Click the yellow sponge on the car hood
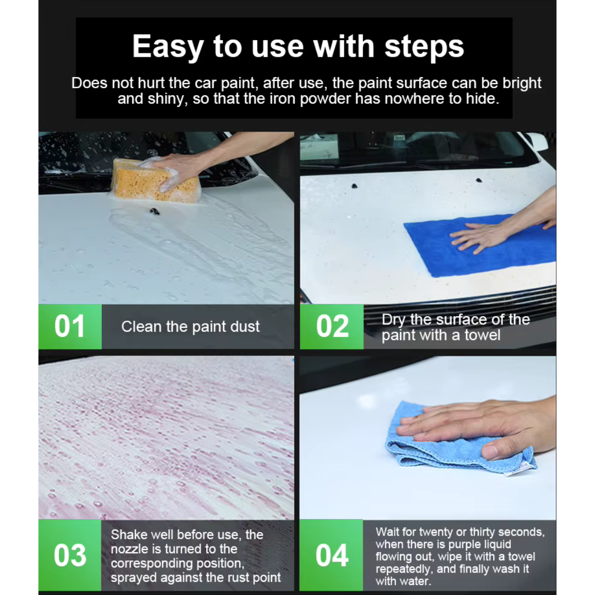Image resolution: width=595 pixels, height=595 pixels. click(x=155, y=180)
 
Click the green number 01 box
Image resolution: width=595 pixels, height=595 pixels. click(x=70, y=326)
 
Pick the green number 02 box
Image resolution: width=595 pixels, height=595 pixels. click(x=332, y=326)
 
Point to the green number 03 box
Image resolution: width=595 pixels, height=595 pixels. click(x=70, y=555)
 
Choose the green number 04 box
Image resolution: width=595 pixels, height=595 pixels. click(x=331, y=555)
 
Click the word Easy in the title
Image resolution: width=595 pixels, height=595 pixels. click(x=167, y=47)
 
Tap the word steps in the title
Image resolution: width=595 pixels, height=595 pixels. click(x=424, y=47)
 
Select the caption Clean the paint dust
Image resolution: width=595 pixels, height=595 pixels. click(x=191, y=326)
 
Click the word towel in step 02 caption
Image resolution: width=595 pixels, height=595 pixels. click(x=482, y=335)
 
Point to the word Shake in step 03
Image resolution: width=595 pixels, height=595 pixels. click(x=128, y=534)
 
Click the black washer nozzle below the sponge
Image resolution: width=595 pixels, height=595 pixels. click(x=155, y=212)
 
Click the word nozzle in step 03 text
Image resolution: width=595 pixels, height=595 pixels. click(x=129, y=549)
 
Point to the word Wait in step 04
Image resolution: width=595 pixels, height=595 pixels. click(x=388, y=532)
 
